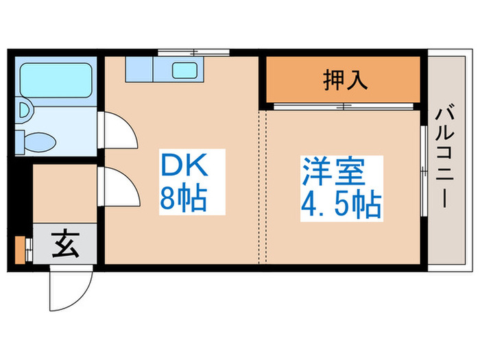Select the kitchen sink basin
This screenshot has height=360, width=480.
pyautogui.click(x=183, y=69)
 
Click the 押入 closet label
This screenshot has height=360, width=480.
pyautogui.click(x=346, y=80)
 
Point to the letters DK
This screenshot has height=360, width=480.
pyautogui.click(x=182, y=165)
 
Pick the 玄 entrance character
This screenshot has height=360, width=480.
pyautogui.click(x=66, y=243)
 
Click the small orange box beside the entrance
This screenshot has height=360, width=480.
pyautogui.click(x=20, y=250)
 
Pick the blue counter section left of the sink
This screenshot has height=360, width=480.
pyautogui.click(x=141, y=69)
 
